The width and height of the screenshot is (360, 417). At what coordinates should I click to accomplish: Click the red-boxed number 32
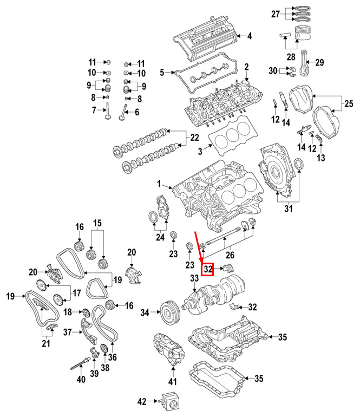(x=208, y=269)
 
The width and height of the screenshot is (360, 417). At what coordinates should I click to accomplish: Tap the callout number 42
(x=142, y=401)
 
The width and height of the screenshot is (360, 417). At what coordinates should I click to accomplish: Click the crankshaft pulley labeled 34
(x=171, y=312)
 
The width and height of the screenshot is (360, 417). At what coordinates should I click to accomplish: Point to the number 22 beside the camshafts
(x=195, y=138)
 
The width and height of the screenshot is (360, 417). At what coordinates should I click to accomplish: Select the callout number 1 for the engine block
(x=159, y=184)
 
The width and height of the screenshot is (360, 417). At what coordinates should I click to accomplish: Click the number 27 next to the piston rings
(x=276, y=14)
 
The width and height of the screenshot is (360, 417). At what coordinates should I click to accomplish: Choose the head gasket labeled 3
(x=233, y=135)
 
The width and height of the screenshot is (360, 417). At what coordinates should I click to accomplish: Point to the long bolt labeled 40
(x=80, y=364)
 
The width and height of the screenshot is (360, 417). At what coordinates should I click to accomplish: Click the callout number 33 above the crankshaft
(x=194, y=278)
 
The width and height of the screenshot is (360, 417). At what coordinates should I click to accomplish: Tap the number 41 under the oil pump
(x=172, y=382)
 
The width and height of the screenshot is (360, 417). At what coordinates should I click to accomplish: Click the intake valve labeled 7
(x=107, y=111)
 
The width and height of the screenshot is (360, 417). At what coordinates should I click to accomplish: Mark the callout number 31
(x=288, y=208)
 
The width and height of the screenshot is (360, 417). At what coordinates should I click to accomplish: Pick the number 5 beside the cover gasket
(x=162, y=73)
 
